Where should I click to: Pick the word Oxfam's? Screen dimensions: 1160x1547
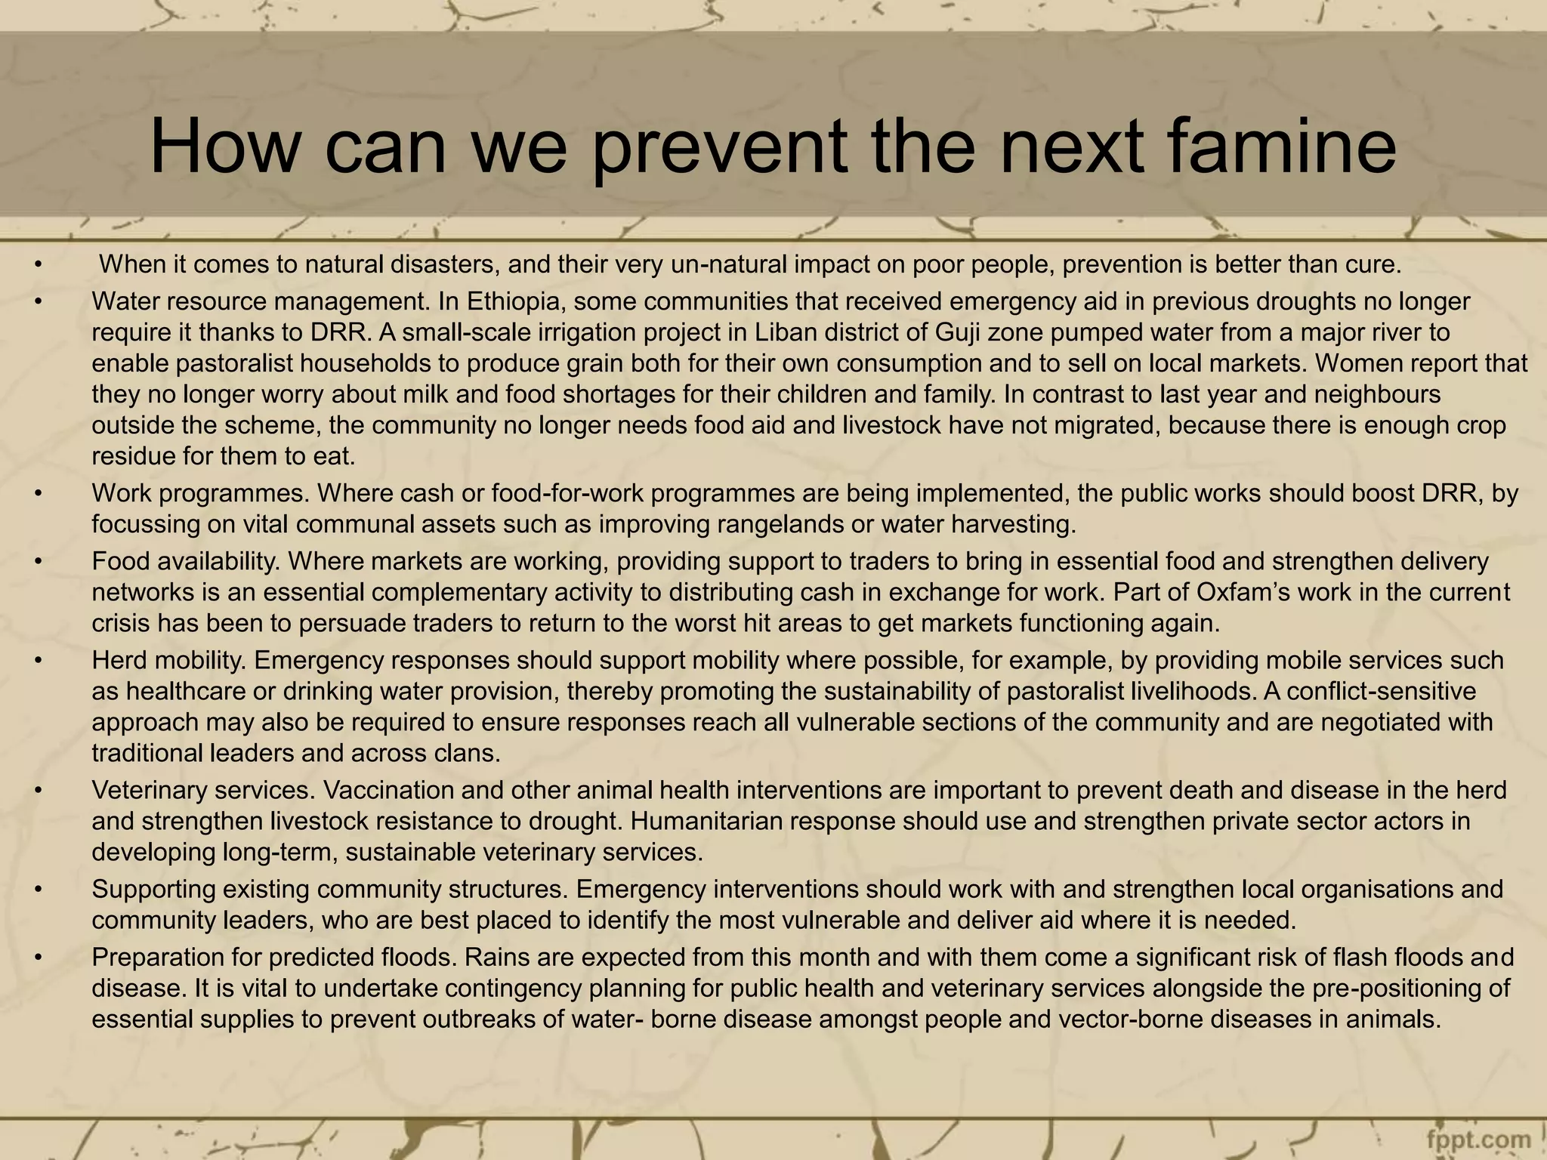pos(1247,592)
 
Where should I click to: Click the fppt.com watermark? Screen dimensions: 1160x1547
pos(1478,1140)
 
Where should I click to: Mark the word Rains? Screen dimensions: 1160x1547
pos(494,958)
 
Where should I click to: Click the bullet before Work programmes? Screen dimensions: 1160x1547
pos(36,494)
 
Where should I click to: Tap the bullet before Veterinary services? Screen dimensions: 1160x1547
pos(36,791)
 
